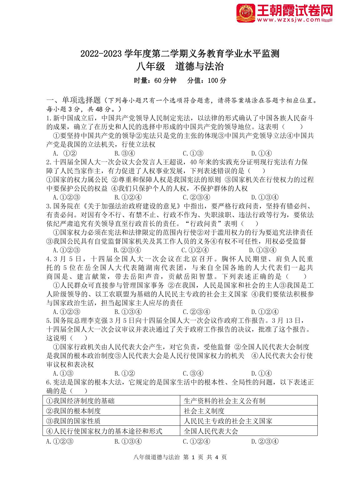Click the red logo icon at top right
tap(245, 13)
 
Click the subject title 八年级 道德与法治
tap(180, 67)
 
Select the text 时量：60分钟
tap(155, 80)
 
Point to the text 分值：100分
tap(206, 80)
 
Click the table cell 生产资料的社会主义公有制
tap(225, 401)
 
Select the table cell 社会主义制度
tap(204, 411)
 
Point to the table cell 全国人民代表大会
tap(211, 431)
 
